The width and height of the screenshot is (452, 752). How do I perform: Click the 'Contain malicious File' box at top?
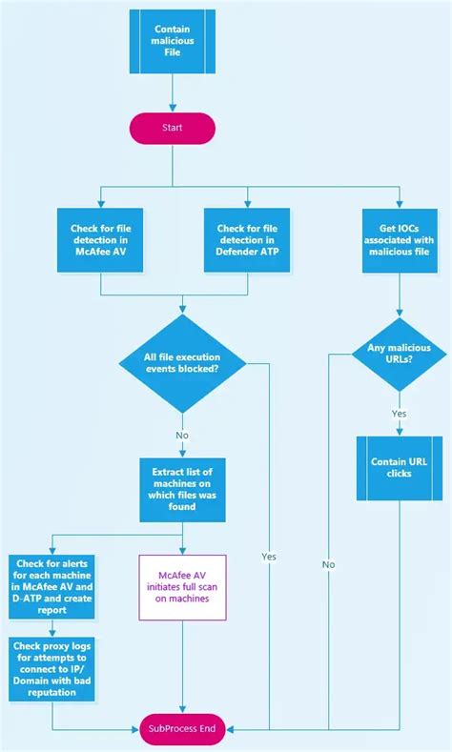[x=172, y=42]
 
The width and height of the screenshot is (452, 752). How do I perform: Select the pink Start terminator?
[x=172, y=127]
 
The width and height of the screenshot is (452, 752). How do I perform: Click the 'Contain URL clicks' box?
[x=401, y=467]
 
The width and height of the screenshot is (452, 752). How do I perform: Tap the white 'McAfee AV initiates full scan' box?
[x=180, y=588]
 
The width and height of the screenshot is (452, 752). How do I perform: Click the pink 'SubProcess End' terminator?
[x=181, y=729]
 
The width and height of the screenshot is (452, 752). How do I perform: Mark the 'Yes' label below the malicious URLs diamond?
[x=401, y=414]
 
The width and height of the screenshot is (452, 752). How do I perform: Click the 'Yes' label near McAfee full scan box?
[x=269, y=556]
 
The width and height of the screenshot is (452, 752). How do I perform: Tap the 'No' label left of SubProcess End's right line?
[x=329, y=564]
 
